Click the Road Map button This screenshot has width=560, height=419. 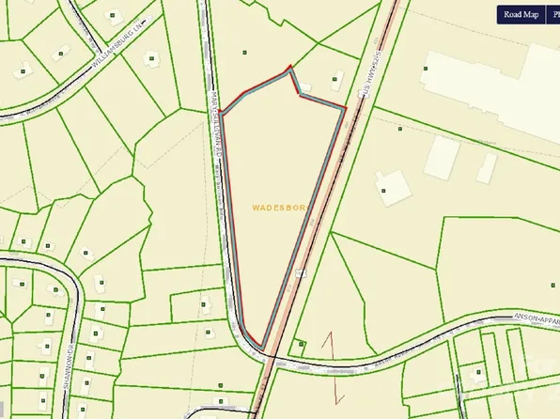click(520, 14)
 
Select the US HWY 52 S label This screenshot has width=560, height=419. click(365, 79)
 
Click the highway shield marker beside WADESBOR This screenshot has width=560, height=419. click(301, 273)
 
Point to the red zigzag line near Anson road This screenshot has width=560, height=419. click(329, 352)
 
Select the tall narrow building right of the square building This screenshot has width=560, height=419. click(486, 168)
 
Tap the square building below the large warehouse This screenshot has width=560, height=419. click(440, 157)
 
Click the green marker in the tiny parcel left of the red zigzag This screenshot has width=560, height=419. click(300, 344)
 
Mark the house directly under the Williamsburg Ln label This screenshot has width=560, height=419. click(150, 58)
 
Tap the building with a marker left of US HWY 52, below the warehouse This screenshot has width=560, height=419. click(387, 189)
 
